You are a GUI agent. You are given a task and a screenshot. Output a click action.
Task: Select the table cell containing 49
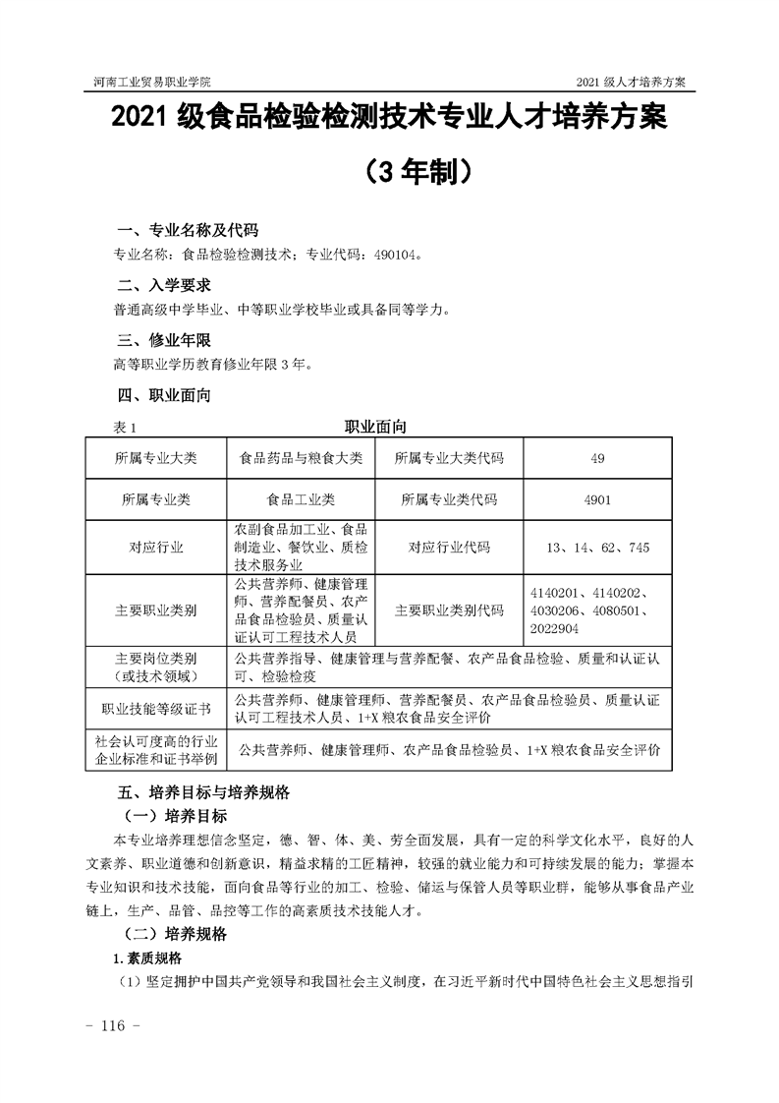(598, 458)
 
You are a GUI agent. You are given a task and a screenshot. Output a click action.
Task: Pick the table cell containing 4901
(597, 499)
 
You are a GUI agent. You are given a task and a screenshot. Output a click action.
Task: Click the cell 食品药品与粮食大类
(301, 458)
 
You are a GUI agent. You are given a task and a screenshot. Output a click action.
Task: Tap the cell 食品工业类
(301, 499)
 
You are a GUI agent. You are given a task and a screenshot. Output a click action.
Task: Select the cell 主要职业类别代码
(448, 610)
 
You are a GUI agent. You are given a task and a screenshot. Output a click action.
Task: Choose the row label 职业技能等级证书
(156, 708)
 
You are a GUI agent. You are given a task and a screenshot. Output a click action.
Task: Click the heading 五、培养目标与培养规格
(203, 791)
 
